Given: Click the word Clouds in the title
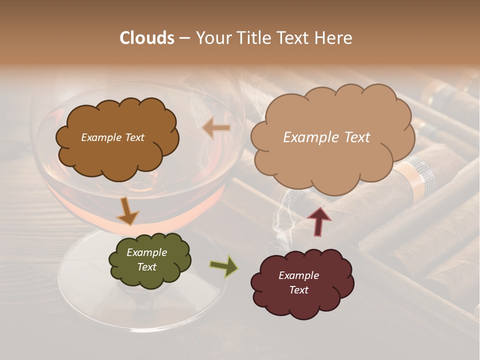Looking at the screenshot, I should tap(147, 38).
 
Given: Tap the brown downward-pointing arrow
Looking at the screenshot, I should tap(128, 211).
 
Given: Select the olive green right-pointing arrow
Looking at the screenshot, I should tap(224, 266).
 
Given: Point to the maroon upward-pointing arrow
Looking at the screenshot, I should tap(319, 221).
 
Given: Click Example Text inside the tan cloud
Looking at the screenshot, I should tap(326, 137).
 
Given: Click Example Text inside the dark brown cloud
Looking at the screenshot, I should tap(112, 137).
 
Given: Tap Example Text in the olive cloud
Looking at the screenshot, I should tap(146, 260).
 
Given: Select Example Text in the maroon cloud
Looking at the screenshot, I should tap(298, 282).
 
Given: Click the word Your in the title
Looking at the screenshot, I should tap(212, 38).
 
